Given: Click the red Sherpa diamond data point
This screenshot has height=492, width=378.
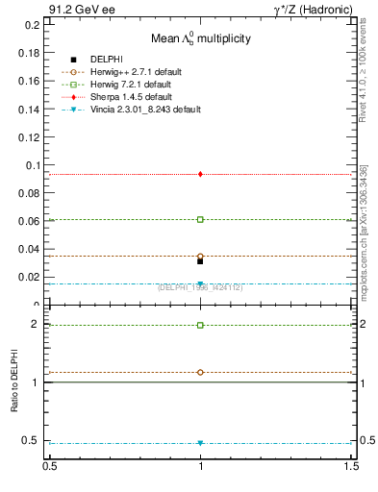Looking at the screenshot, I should point(200,174).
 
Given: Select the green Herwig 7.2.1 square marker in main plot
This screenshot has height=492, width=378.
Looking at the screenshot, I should point(200,219).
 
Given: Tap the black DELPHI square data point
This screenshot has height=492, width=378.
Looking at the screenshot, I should point(200,260).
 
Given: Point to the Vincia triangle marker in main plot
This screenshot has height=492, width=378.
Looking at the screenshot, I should point(200,283).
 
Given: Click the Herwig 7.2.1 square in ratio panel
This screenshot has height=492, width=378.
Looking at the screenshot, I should point(200,325).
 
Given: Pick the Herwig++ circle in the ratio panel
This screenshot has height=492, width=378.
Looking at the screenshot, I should point(200,372).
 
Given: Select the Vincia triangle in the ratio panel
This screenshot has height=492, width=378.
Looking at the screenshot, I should point(200,443).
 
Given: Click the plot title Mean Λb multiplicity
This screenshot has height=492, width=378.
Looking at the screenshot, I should point(199,38).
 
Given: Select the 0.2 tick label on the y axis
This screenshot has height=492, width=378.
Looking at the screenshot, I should point(34,25).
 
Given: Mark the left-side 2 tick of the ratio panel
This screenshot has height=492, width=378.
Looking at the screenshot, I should point(38,325).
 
